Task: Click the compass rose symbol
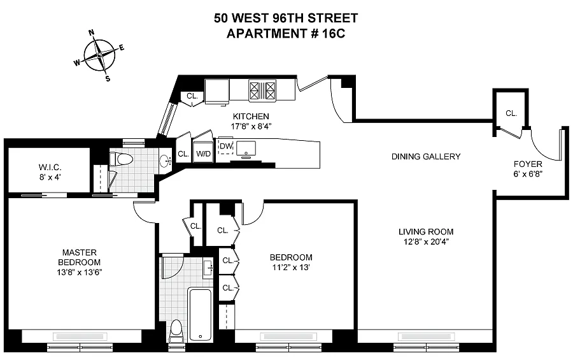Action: tap(99, 55)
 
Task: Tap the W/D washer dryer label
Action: tap(203, 154)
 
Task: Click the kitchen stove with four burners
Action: tap(262, 90)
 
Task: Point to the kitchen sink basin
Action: tap(246, 148)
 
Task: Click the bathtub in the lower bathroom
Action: tap(199, 315)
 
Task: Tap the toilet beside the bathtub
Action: tap(176, 331)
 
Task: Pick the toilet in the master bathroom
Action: tap(122, 159)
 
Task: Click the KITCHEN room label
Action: tap(251, 117)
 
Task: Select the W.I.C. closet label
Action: tap(50, 168)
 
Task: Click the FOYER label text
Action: tap(528, 164)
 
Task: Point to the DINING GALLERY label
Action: tap(426, 157)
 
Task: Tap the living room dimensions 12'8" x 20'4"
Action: tap(426, 241)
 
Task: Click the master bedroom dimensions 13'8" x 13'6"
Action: tap(80, 272)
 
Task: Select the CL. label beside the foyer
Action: tap(511, 113)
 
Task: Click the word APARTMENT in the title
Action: tap(266, 33)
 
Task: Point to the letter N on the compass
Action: tap(91, 32)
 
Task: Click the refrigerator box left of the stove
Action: tap(217, 90)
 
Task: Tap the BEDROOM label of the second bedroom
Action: tap(291, 257)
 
